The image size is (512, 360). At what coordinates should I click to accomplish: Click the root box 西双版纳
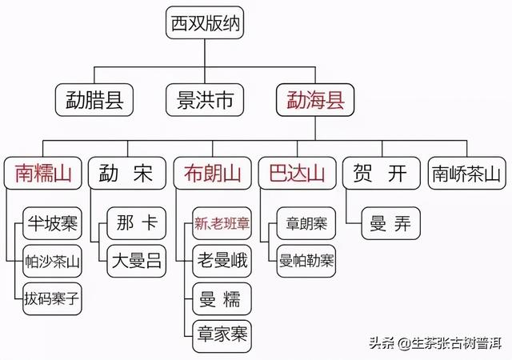(x=204, y=24)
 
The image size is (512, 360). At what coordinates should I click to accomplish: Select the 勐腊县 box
(x=94, y=100)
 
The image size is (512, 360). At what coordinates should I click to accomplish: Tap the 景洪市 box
(x=204, y=100)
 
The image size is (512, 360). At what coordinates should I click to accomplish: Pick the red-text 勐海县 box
(x=314, y=100)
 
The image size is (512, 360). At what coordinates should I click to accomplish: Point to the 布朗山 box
(x=210, y=174)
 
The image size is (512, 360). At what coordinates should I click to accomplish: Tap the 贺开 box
(x=380, y=174)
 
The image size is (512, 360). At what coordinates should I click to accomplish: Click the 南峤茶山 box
(x=466, y=174)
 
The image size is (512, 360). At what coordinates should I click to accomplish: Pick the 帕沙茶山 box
(x=52, y=261)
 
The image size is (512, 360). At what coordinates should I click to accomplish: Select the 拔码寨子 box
(x=52, y=299)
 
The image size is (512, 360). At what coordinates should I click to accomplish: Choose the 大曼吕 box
(x=137, y=261)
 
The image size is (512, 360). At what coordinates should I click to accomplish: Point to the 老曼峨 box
(x=222, y=261)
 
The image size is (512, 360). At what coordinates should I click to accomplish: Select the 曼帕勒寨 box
(x=306, y=261)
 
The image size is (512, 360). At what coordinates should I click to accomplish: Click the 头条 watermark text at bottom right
(x=380, y=344)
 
